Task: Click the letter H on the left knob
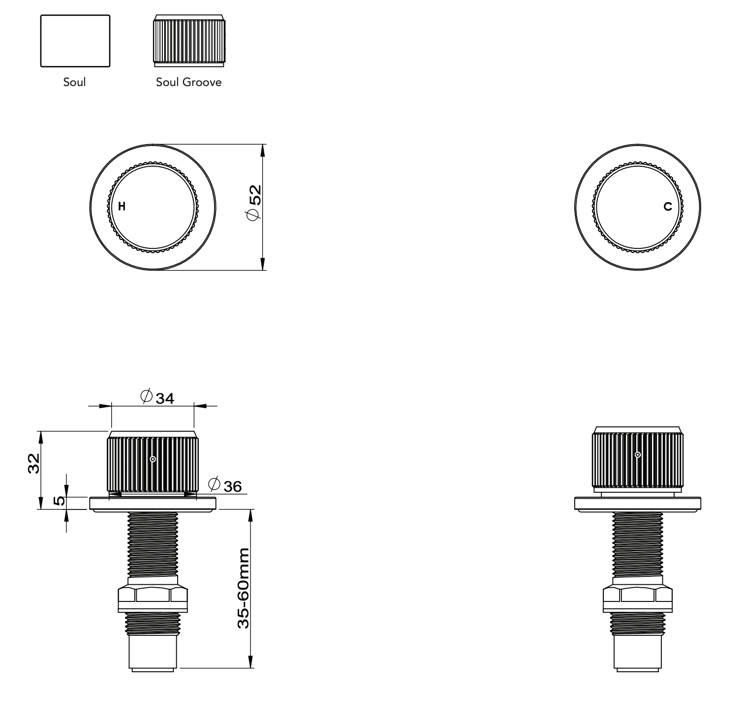click(122, 207)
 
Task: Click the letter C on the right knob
click(667, 207)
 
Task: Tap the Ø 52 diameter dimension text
click(255, 203)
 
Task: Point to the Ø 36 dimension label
click(225, 485)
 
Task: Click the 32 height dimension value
click(33, 463)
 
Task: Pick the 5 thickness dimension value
click(59, 501)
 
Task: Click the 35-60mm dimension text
click(244, 588)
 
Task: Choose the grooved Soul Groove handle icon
click(189, 41)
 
